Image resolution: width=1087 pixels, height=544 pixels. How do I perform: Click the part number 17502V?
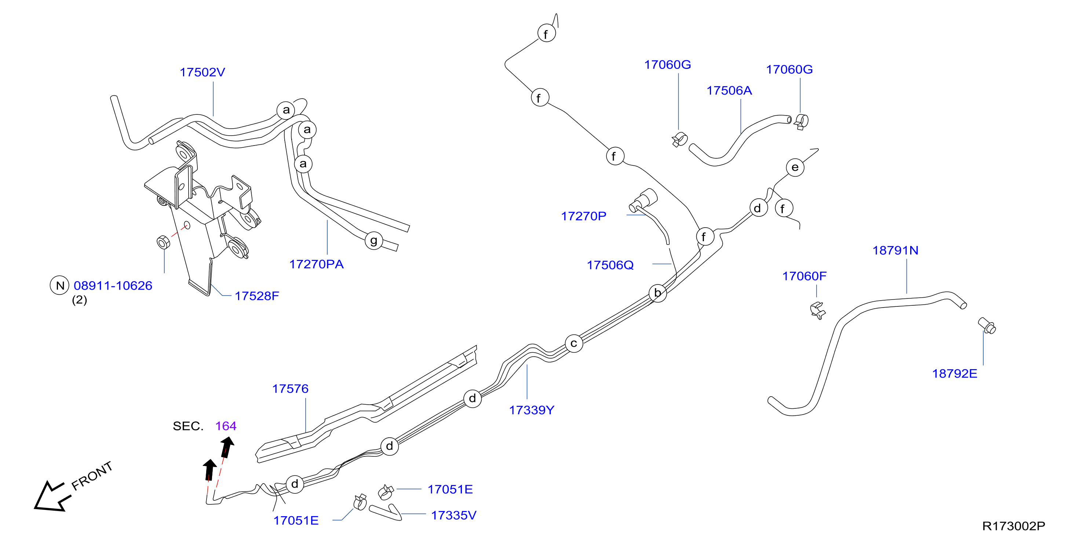[203, 72]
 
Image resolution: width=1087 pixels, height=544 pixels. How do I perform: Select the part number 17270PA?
[317, 264]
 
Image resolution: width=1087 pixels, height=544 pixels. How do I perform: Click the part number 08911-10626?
[113, 286]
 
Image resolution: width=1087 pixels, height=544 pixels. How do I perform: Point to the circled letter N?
[60, 286]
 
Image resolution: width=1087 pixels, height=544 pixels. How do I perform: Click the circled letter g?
[374, 241]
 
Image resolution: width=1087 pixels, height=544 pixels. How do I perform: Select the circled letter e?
[795, 168]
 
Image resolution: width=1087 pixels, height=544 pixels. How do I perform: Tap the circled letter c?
[574, 343]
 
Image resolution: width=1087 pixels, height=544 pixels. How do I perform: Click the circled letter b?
[657, 293]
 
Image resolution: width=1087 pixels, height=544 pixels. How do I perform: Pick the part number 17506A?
[729, 90]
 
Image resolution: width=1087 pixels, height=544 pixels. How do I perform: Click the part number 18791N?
[896, 250]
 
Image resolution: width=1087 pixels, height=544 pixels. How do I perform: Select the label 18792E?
[955, 374]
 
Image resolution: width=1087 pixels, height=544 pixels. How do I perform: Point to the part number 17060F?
[804, 276]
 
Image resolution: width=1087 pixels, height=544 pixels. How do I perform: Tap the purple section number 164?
[226, 426]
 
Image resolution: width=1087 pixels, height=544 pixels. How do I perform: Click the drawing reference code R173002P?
[1014, 526]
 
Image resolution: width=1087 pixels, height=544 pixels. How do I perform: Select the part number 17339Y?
[532, 410]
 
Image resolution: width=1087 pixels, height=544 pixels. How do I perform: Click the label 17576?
[290, 389]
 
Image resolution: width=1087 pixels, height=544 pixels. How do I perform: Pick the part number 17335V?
[454, 515]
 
